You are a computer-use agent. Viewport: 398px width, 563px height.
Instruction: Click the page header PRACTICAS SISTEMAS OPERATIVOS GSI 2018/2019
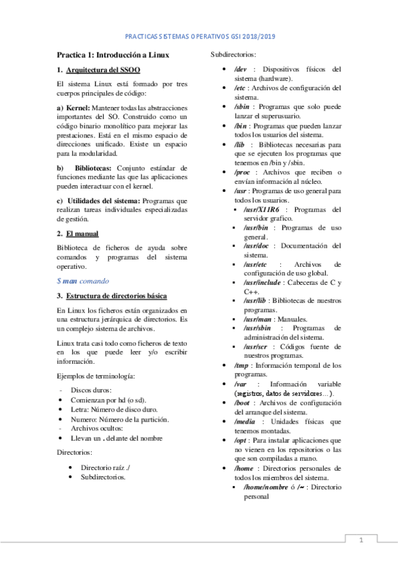(x=199, y=38)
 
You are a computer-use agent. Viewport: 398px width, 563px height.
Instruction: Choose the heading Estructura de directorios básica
(x=116, y=295)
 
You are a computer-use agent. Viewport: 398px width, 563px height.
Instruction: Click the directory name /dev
(x=241, y=69)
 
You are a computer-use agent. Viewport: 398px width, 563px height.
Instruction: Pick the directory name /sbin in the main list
(x=243, y=106)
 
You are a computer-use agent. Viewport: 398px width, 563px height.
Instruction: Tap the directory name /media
(x=245, y=422)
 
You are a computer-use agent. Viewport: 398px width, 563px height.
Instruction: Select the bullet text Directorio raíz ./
(x=105, y=468)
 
